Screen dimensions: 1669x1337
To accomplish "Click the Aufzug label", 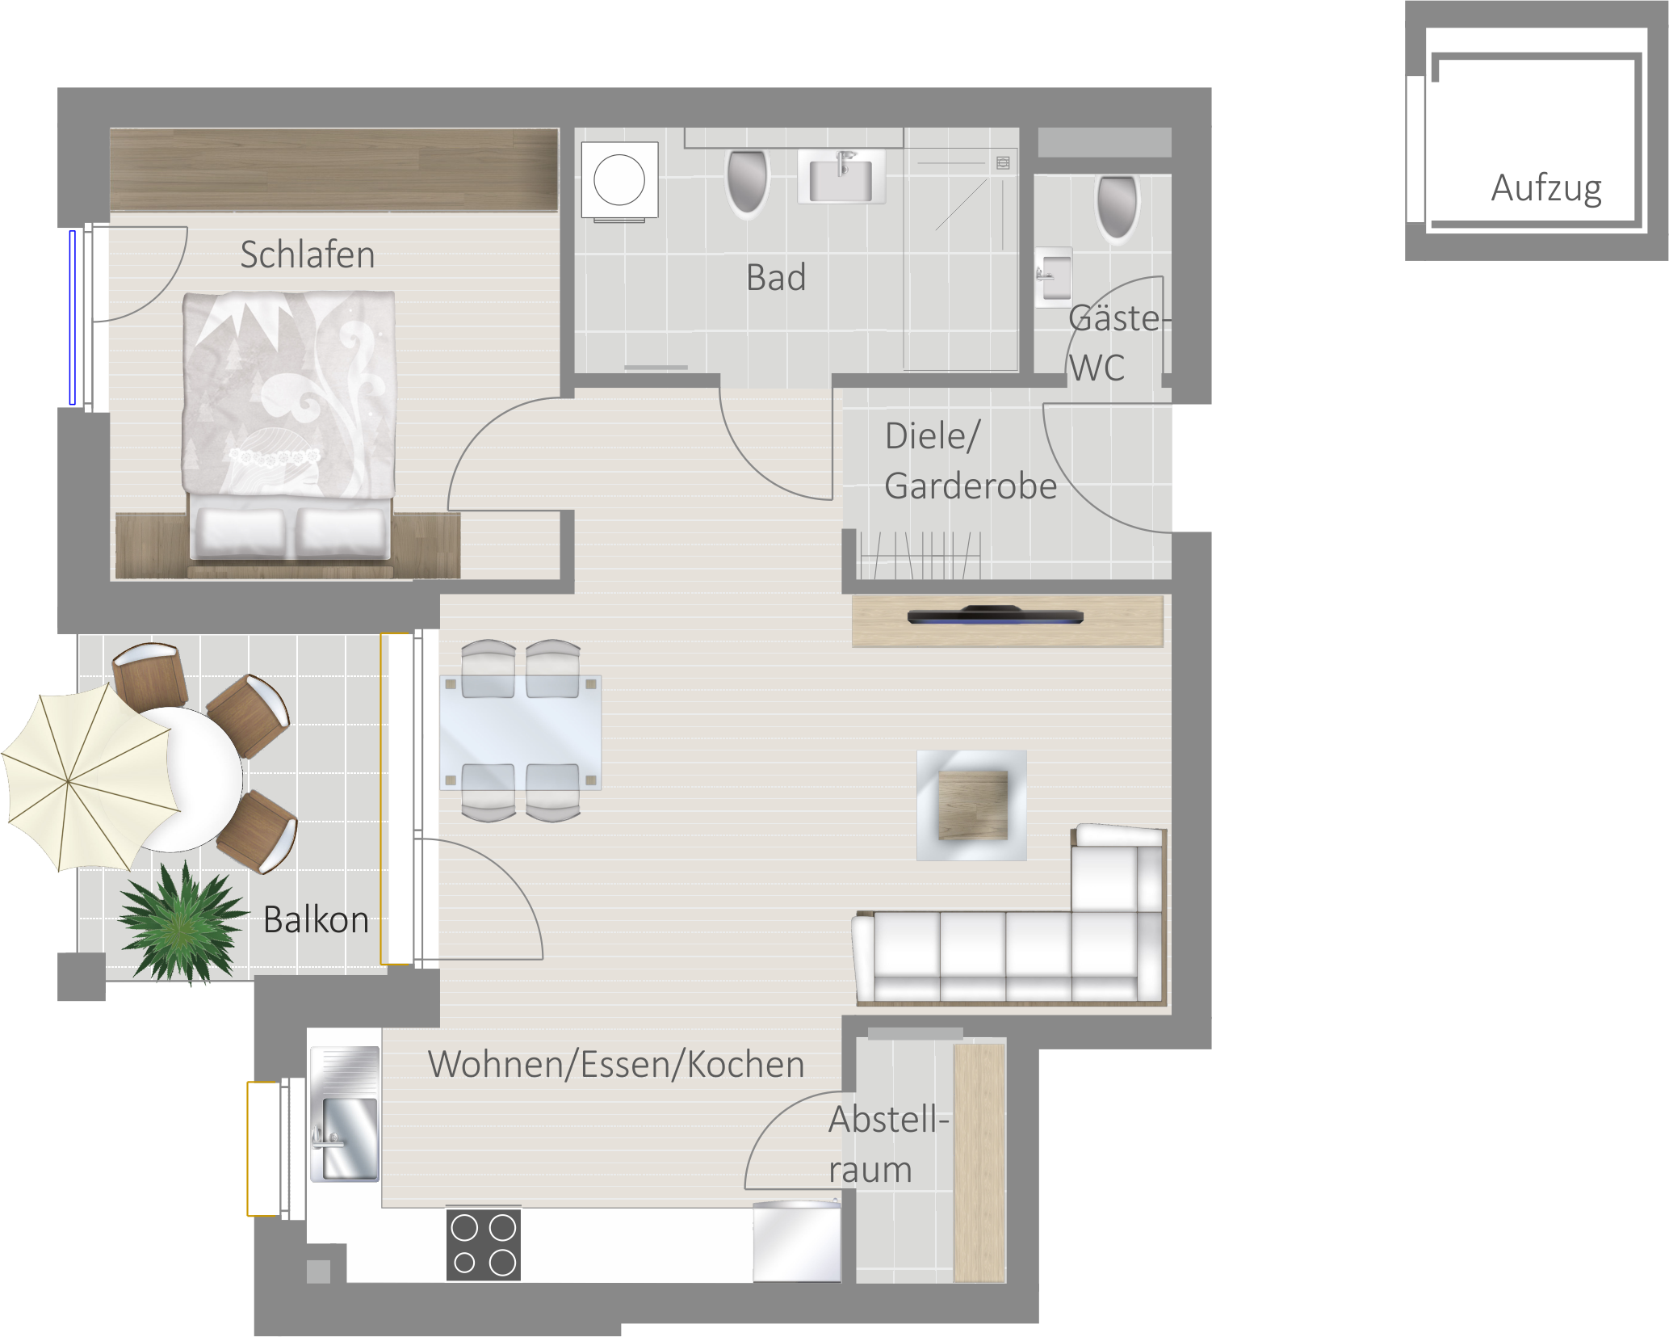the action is click(x=1545, y=189).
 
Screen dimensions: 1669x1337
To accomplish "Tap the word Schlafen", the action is click(x=308, y=254).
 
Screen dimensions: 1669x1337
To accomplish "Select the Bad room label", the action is click(x=776, y=278).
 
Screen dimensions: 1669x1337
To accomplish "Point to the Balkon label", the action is click(x=316, y=920).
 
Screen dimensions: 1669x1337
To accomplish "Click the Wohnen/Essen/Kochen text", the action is click(x=616, y=1064).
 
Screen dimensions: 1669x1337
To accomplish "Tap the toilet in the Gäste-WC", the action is click(x=1118, y=208).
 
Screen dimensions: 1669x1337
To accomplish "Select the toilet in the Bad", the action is click(x=747, y=184).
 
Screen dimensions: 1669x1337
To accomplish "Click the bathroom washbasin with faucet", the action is click(x=841, y=177).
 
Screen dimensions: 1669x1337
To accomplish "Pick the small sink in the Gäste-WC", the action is click(x=1054, y=277).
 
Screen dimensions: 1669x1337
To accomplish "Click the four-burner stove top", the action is click(x=484, y=1244).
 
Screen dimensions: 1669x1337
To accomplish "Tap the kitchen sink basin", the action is click(x=346, y=1114).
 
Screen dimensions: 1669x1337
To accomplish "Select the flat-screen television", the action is click(x=995, y=616).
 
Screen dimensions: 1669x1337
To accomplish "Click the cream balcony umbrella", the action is click(x=90, y=777).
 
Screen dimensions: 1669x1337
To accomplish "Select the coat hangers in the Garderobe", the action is click(x=920, y=555).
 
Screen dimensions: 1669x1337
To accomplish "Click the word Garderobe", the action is click(x=971, y=486).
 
